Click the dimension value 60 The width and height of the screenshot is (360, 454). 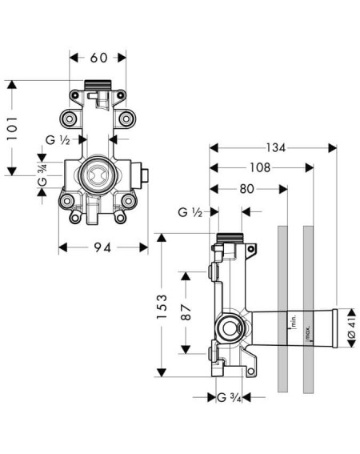(x=98, y=58)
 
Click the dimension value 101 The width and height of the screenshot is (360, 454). (x=13, y=129)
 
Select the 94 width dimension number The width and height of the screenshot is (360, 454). (x=102, y=247)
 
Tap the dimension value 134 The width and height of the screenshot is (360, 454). (x=275, y=148)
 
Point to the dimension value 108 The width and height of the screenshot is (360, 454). (x=260, y=167)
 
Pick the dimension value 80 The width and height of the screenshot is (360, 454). (x=247, y=189)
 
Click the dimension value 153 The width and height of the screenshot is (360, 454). (x=162, y=307)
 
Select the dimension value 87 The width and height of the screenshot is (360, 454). (x=186, y=311)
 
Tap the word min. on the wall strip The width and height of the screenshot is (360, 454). (x=294, y=322)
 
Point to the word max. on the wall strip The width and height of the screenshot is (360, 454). (x=308, y=332)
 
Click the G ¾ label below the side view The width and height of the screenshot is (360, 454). (x=229, y=397)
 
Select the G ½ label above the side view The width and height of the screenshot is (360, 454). (x=190, y=212)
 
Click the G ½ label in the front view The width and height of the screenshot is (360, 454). (x=58, y=140)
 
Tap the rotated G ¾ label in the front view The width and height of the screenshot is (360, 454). (x=42, y=175)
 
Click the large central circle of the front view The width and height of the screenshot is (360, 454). (x=98, y=175)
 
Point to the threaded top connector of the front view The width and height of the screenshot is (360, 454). (x=98, y=85)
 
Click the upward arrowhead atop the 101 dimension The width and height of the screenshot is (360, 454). (x=12, y=84)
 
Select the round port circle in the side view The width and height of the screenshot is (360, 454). (x=230, y=328)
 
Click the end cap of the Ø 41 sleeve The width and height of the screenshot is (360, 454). (x=335, y=328)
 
